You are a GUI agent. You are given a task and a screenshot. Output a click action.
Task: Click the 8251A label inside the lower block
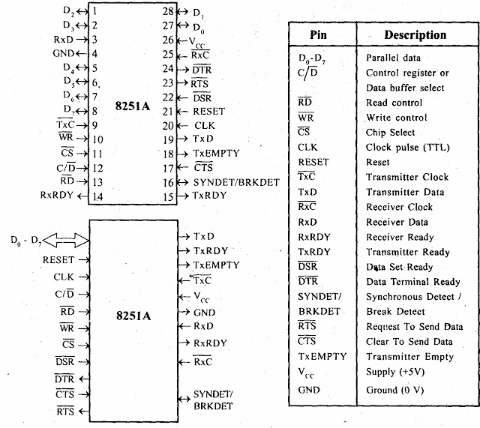pos(132,316)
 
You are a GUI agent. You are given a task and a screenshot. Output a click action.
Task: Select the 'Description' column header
pos(415,35)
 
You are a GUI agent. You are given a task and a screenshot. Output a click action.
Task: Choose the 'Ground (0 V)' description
pos(397,390)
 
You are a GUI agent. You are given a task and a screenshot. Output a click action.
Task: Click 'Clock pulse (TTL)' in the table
pos(406,148)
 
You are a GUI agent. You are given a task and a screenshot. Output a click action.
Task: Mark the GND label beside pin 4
pos(64,53)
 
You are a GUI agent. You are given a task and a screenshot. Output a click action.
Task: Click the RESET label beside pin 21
pos(209,111)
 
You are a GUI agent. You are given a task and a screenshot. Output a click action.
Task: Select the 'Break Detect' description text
pos(395,311)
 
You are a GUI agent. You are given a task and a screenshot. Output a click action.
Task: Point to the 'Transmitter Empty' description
pos(409,357)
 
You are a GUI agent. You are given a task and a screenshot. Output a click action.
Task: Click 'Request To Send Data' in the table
pos(414,327)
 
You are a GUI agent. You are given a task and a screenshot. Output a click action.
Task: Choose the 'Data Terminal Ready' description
pos(413,282)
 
